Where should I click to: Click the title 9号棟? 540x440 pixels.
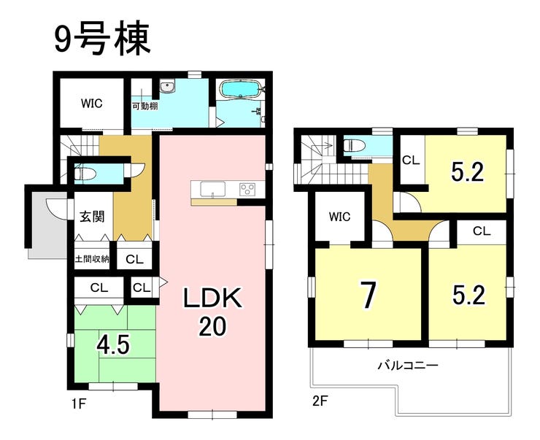point(102,39)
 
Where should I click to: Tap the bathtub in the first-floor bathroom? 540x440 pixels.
point(240,90)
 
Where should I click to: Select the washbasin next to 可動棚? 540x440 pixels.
point(168,86)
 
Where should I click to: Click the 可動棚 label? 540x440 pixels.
point(145,106)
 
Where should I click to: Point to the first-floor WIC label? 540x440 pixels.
point(92,104)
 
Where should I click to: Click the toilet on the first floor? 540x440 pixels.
point(82,171)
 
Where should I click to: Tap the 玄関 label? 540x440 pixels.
point(92,217)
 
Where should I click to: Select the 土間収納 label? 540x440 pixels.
point(92,258)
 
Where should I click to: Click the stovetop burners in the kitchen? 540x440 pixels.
point(247,189)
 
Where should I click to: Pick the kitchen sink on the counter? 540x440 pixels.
point(213,189)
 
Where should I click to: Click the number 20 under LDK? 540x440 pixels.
point(213,326)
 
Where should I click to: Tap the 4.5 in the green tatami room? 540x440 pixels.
point(113,345)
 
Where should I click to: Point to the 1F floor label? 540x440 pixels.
point(79,403)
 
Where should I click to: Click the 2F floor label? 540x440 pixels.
point(320,401)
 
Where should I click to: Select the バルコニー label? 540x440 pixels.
point(408,365)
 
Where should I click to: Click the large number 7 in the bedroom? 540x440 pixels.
point(368,295)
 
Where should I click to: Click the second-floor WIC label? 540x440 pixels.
point(339,217)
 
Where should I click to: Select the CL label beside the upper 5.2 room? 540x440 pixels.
point(411,160)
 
